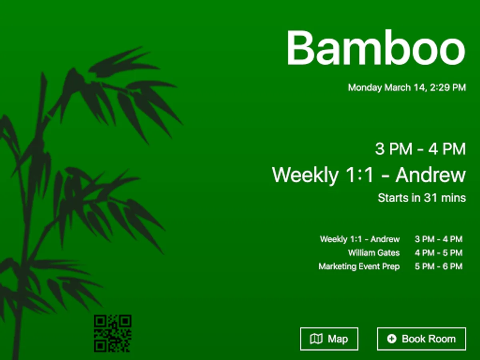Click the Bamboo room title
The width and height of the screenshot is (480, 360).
[x=376, y=48]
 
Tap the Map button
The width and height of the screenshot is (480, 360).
[x=329, y=339]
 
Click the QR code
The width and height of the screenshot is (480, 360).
[x=113, y=334]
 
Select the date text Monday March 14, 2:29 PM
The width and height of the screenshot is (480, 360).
[x=407, y=88]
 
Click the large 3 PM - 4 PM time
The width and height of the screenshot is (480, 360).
[x=420, y=149]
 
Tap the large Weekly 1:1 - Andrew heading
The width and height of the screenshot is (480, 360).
[x=369, y=175]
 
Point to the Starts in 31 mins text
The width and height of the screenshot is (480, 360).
[x=422, y=198]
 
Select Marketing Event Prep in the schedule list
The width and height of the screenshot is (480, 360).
[x=359, y=266]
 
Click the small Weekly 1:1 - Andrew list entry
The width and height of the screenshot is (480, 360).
[x=360, y=239]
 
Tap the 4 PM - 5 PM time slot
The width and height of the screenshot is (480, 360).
[x=439, y=253]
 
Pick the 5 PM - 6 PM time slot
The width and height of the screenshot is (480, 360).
[x=439, y=266]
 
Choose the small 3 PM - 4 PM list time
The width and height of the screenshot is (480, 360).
[x=439, y=239]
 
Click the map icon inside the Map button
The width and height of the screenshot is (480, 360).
[x=316, y=339]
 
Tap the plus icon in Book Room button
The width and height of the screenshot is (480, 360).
[x=392, y=339]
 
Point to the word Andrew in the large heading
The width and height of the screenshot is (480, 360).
[x=431, y=175]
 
